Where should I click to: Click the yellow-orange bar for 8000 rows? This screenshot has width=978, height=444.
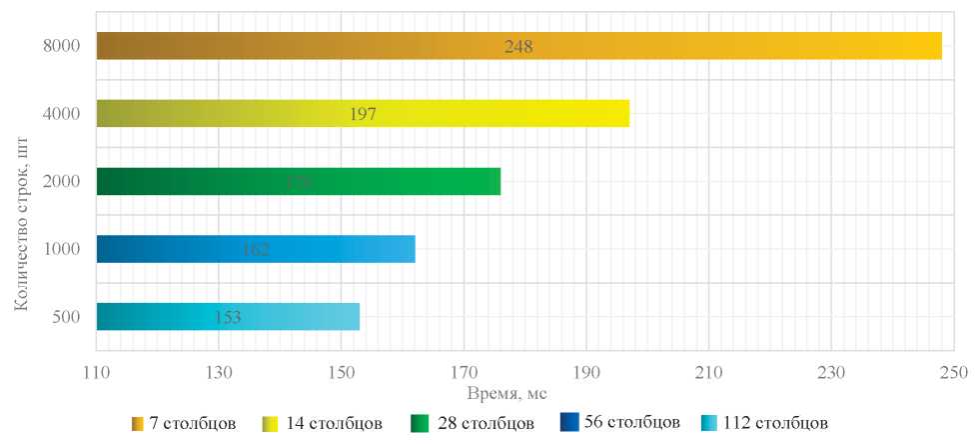[x=699, y=46]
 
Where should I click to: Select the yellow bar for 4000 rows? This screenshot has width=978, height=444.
[x=499, y=113]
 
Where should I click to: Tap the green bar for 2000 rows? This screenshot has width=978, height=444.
[x=400, y=181]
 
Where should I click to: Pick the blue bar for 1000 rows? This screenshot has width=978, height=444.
[x=330, y=248]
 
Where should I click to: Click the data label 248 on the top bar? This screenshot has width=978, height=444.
[x=517, y=46]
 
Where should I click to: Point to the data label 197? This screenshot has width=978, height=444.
[x=363, y=113]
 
